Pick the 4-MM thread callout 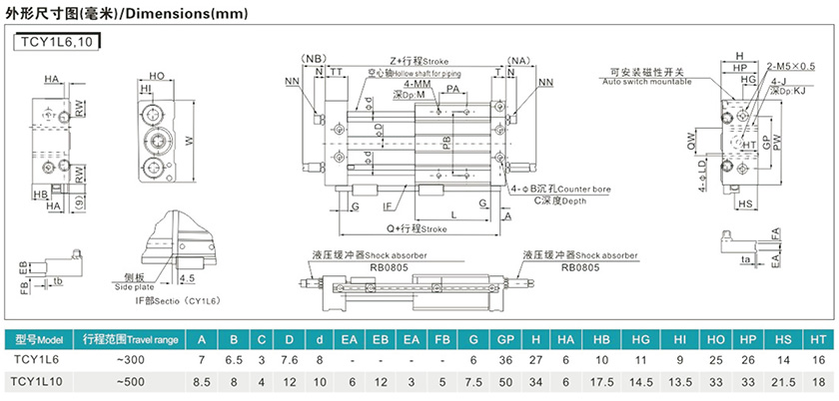(419, 85)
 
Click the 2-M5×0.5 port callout (792, 66)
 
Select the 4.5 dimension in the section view (188, 279)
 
